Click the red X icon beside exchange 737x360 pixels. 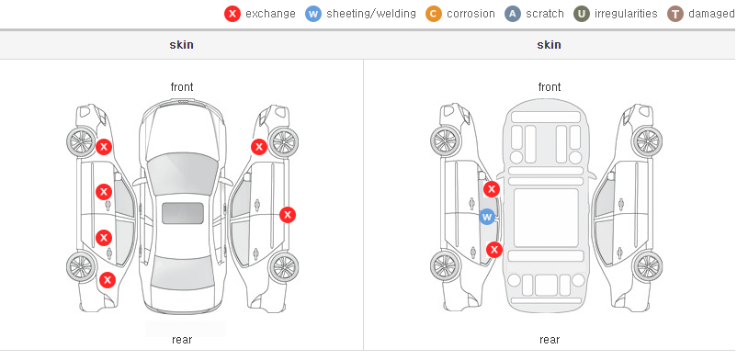click(232, 14)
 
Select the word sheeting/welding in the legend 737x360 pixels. click(371, 14)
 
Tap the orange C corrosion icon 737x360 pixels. click(434, 14)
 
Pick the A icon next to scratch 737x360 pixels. click(513, 14)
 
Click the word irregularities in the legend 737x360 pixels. click(626, 14)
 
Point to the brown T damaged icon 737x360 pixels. click(675, 14)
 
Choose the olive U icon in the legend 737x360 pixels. click(582, 14)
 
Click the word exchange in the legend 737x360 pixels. click(270, 14)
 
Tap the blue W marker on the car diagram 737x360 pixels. click(487, 217)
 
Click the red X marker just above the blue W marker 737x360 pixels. click(492, 189)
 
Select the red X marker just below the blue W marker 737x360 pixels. click(494, 250)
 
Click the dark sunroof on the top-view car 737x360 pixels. click(183, 213)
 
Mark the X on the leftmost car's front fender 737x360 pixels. click(104, 147)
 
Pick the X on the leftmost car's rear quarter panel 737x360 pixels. click(108, 281)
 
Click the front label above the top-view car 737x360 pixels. click(182, 87)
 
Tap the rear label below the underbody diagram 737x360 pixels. click(550, 340)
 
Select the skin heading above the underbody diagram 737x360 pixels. click(549, 45)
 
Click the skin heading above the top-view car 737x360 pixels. click(181, 45)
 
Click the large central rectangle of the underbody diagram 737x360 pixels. click(546, 218)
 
